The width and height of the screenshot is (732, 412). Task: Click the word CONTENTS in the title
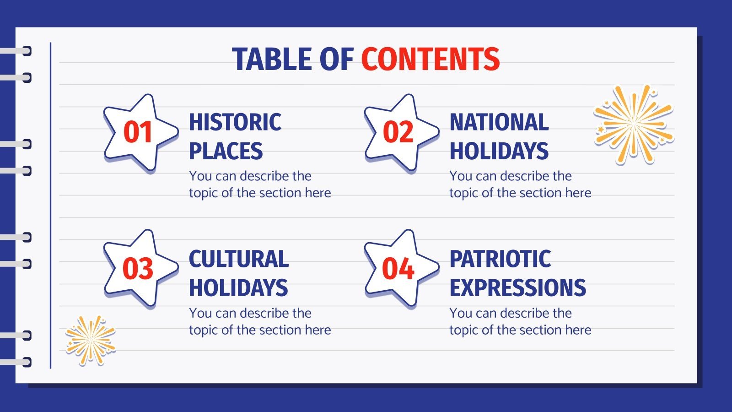click(430, 60)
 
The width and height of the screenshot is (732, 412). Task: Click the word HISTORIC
click(235, 123)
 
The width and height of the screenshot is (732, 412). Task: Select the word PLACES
click(226, 152)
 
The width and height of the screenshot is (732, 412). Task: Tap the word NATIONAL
click(499, 123)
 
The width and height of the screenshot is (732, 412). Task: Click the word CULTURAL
click(239, 259)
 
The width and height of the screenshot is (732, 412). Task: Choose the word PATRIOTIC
click(500, 259)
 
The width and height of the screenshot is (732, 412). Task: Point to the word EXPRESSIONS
click(517, 288)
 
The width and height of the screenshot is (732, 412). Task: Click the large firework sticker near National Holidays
click(634, 124)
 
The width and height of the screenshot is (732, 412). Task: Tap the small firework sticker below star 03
click(91, 340)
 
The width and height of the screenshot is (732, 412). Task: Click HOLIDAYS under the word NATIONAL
click(499, 152)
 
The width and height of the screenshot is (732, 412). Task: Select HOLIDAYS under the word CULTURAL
click(238, 288)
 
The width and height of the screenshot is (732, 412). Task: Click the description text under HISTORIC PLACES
click(259, 184)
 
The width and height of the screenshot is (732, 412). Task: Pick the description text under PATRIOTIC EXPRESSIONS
click(520, 321)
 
